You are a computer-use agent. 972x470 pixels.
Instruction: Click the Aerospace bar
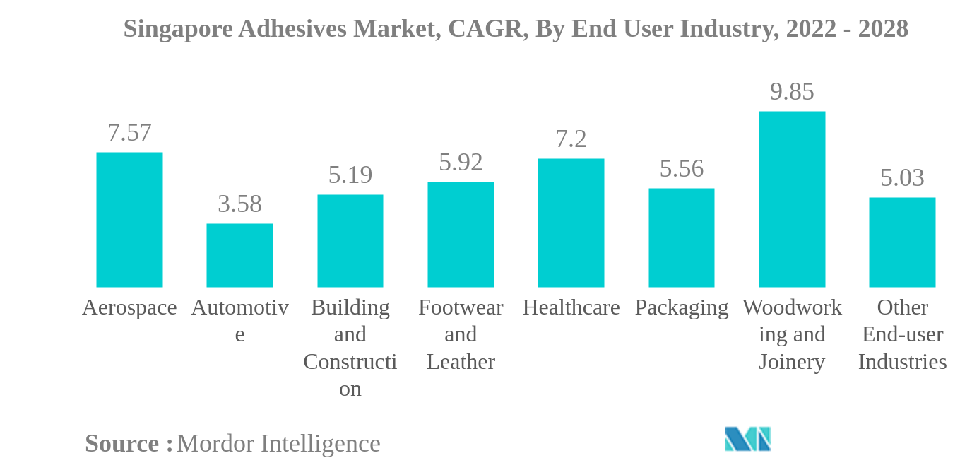click(x=129, y=220)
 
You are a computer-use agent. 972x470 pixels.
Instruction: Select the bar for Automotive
click(x=239, y=255)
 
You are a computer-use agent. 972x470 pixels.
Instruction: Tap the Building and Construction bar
click(x=350, y=241)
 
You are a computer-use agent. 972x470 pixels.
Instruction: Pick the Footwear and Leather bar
click(x=461, y=235)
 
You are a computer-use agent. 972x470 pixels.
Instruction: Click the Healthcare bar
click(x=571, y=223)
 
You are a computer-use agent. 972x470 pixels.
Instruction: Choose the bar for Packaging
click(x=682, y=237)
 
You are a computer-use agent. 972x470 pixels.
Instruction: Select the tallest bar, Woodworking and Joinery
click(x=792, y=199)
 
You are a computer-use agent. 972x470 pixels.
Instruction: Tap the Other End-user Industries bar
click(x=902, y=242)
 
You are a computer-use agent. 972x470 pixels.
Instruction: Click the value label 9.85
click(x=792, y=92)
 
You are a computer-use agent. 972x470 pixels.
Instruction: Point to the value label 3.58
click(x=239, y=204)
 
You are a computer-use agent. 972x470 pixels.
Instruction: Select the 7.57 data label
click(x=129, y=133)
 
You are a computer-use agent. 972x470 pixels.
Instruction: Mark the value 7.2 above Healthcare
click(x=571, y=139)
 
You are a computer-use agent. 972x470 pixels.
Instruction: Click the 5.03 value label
click(x=902, y=178)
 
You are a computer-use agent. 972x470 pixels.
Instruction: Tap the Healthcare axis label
click(x=571, y=307)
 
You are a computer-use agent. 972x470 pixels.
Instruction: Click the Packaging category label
click(x=682, y=307)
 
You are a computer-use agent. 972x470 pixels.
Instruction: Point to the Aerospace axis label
click(x=129, y=307)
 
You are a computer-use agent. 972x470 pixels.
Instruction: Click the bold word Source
click(x=122, y=444)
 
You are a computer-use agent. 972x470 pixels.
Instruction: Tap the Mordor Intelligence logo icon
click(x=747, y=439)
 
